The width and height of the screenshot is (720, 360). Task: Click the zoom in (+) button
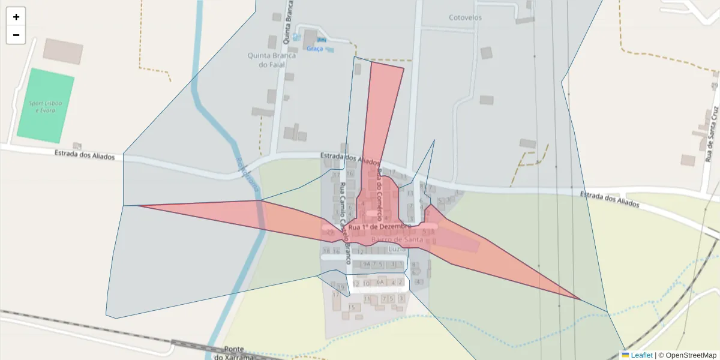coord(16,17)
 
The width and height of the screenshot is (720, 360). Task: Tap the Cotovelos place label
coord(465,17)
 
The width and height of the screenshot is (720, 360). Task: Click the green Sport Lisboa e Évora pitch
coord(46,106)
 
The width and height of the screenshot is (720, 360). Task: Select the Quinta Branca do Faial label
coord(271,60)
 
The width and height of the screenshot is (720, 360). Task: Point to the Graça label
coord(314,49)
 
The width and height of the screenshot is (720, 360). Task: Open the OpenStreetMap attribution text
coord(687,355)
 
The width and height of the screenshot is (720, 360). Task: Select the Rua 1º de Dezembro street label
coord(379,227)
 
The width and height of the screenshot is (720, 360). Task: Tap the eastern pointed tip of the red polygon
coord(580,299)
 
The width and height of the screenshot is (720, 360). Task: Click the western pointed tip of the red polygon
coord(138,206)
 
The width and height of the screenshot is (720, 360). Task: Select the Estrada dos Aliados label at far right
coord(610,200)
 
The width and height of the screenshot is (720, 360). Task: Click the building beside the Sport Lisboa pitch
coord(62,51)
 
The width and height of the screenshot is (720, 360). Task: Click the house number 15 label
coord(351,307)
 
